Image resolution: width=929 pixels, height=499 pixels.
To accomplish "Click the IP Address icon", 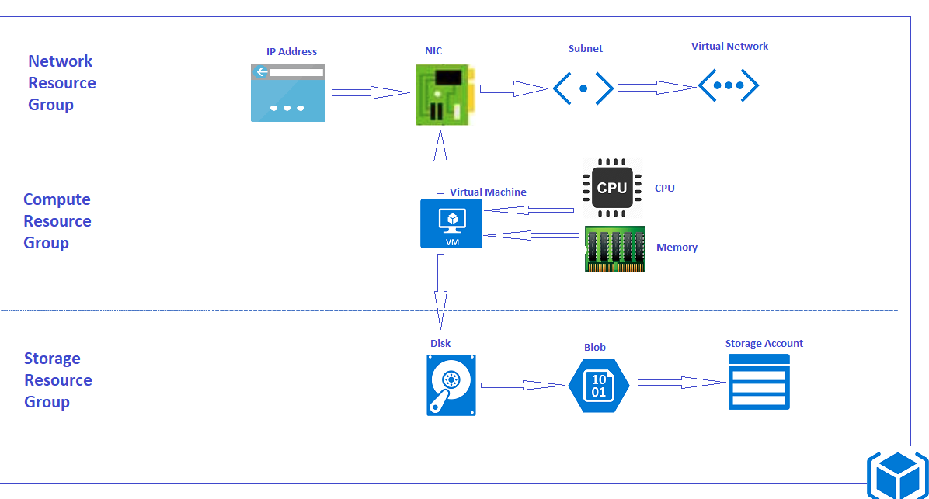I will [x=287, y=93].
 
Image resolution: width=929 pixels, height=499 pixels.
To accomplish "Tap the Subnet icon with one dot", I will [x=583, y=88].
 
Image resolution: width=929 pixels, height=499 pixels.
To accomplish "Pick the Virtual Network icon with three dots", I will [x=728, y=85].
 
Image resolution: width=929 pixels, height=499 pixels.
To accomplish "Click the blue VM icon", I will [x=451, y=224].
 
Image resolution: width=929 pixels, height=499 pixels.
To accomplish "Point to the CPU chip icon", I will [x=612, y=188].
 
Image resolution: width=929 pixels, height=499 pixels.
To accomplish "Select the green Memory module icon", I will [x=614, y=249].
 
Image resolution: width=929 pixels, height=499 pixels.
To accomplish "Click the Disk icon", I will [x=451, y=385].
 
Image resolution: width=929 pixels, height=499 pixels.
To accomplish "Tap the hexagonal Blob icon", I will [x=598, y=385].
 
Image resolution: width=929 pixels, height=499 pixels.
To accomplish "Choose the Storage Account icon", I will [x=759, y=382].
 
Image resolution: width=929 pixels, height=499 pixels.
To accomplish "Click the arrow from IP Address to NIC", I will [x=370, y=93].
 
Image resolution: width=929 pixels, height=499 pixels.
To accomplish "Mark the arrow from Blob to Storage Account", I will [x=680, y=382].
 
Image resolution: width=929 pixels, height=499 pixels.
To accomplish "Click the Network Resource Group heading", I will [x=61, y=83].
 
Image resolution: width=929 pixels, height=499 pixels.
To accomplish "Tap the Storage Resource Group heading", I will [x=57, y=380].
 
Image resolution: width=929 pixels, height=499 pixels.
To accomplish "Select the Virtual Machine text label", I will [x=488, y=192].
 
